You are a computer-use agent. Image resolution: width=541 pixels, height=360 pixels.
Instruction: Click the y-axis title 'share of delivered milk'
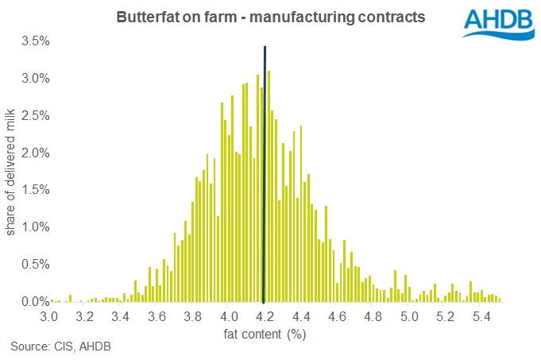(x=11, y=172)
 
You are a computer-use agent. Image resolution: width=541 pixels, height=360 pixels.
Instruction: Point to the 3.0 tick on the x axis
(x=49, y=316)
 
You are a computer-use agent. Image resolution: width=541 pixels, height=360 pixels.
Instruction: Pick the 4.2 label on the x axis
(x=264, y=316)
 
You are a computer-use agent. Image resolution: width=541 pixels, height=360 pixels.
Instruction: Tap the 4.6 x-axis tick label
(x=336, y=316)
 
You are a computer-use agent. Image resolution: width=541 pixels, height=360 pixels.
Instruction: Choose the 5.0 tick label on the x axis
(x=408, y=316)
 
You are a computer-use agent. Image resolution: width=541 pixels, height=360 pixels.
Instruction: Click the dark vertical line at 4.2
(x=264, y=175)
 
